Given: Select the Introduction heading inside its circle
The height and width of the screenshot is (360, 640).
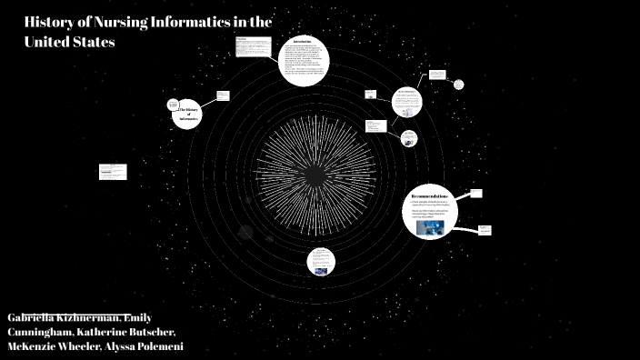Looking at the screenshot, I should pos(303,42).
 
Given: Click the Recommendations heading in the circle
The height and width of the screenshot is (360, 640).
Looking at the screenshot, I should pos(429,196).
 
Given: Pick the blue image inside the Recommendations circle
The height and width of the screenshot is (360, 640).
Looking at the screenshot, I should pos(430,228).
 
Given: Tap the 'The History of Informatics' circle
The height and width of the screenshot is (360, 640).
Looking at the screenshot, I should pos(185,113).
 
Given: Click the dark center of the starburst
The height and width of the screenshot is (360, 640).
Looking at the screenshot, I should pos(315,173).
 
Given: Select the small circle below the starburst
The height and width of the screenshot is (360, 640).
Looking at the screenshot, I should pos(320,262).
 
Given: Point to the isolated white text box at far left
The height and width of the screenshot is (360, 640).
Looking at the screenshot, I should pos(113,172).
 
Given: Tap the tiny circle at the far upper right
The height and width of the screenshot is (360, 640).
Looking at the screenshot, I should pos(458,85).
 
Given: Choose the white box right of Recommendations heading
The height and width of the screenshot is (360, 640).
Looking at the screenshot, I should pos(475,194).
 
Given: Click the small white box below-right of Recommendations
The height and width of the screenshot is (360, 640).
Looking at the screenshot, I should pos(485,230).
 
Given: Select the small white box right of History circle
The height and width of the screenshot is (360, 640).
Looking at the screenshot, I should pos(223,95).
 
